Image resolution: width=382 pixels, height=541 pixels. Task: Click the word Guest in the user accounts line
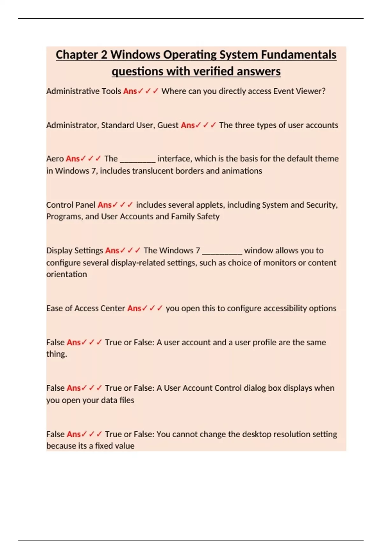coord(168,125)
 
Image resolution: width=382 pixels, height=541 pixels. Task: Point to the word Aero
coord(55,159)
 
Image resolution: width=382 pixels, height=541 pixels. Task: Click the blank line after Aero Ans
coord(138,159)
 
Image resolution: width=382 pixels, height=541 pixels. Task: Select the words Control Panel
coord(71,205)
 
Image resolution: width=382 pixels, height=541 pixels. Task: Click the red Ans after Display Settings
coord(112,251)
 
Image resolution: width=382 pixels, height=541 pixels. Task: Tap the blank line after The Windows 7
coord(222,251)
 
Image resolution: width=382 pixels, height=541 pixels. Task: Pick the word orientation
coord(67,274)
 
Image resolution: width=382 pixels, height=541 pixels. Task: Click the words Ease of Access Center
coord(86,308)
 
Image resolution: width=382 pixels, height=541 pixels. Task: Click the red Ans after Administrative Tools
coord(130,91)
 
